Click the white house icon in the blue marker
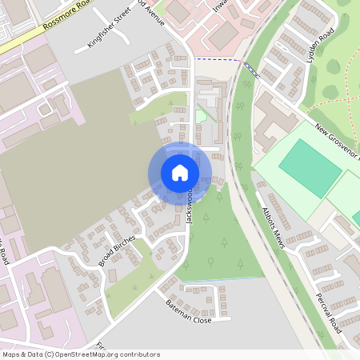point(180,173)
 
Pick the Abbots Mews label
point(274,227)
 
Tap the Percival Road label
point(329,313)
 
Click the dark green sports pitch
point(310,167)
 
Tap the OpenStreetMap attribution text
point(80,354)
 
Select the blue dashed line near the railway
point(216,59)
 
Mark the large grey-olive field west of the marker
point(64,160)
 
